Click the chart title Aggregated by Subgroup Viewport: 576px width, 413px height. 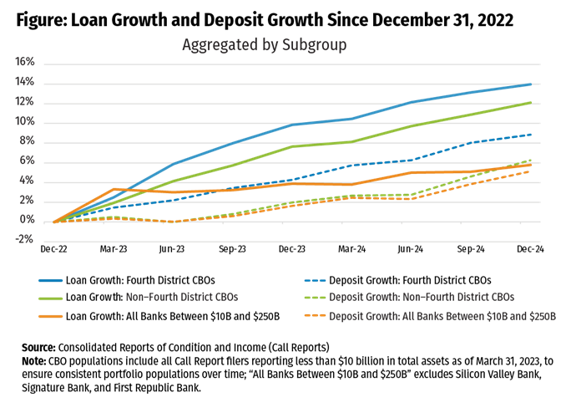[x=264, y=45]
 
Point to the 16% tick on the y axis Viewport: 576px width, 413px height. [x=24, y=63]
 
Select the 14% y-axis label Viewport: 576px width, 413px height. [x=24, y=83]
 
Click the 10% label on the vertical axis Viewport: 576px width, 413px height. [x=24, y=122]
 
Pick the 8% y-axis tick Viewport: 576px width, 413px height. [x=27, y=142]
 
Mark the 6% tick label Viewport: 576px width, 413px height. [x=27, y=161]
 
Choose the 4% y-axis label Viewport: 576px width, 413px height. [x=27, y=181]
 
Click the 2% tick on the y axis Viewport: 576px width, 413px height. [x=27, y=201]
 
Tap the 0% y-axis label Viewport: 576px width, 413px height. [x=27, y=221]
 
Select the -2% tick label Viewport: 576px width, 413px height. [x=25, y=241]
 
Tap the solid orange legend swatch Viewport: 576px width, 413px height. [x=51, y=317]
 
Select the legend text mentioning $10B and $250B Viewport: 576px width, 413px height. [x=442, y=317]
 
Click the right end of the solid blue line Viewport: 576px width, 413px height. [x=531, y=84]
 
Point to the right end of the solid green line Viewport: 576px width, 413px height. [x=531, y=102]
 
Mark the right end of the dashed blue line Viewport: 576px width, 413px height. [x=531, y=134]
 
